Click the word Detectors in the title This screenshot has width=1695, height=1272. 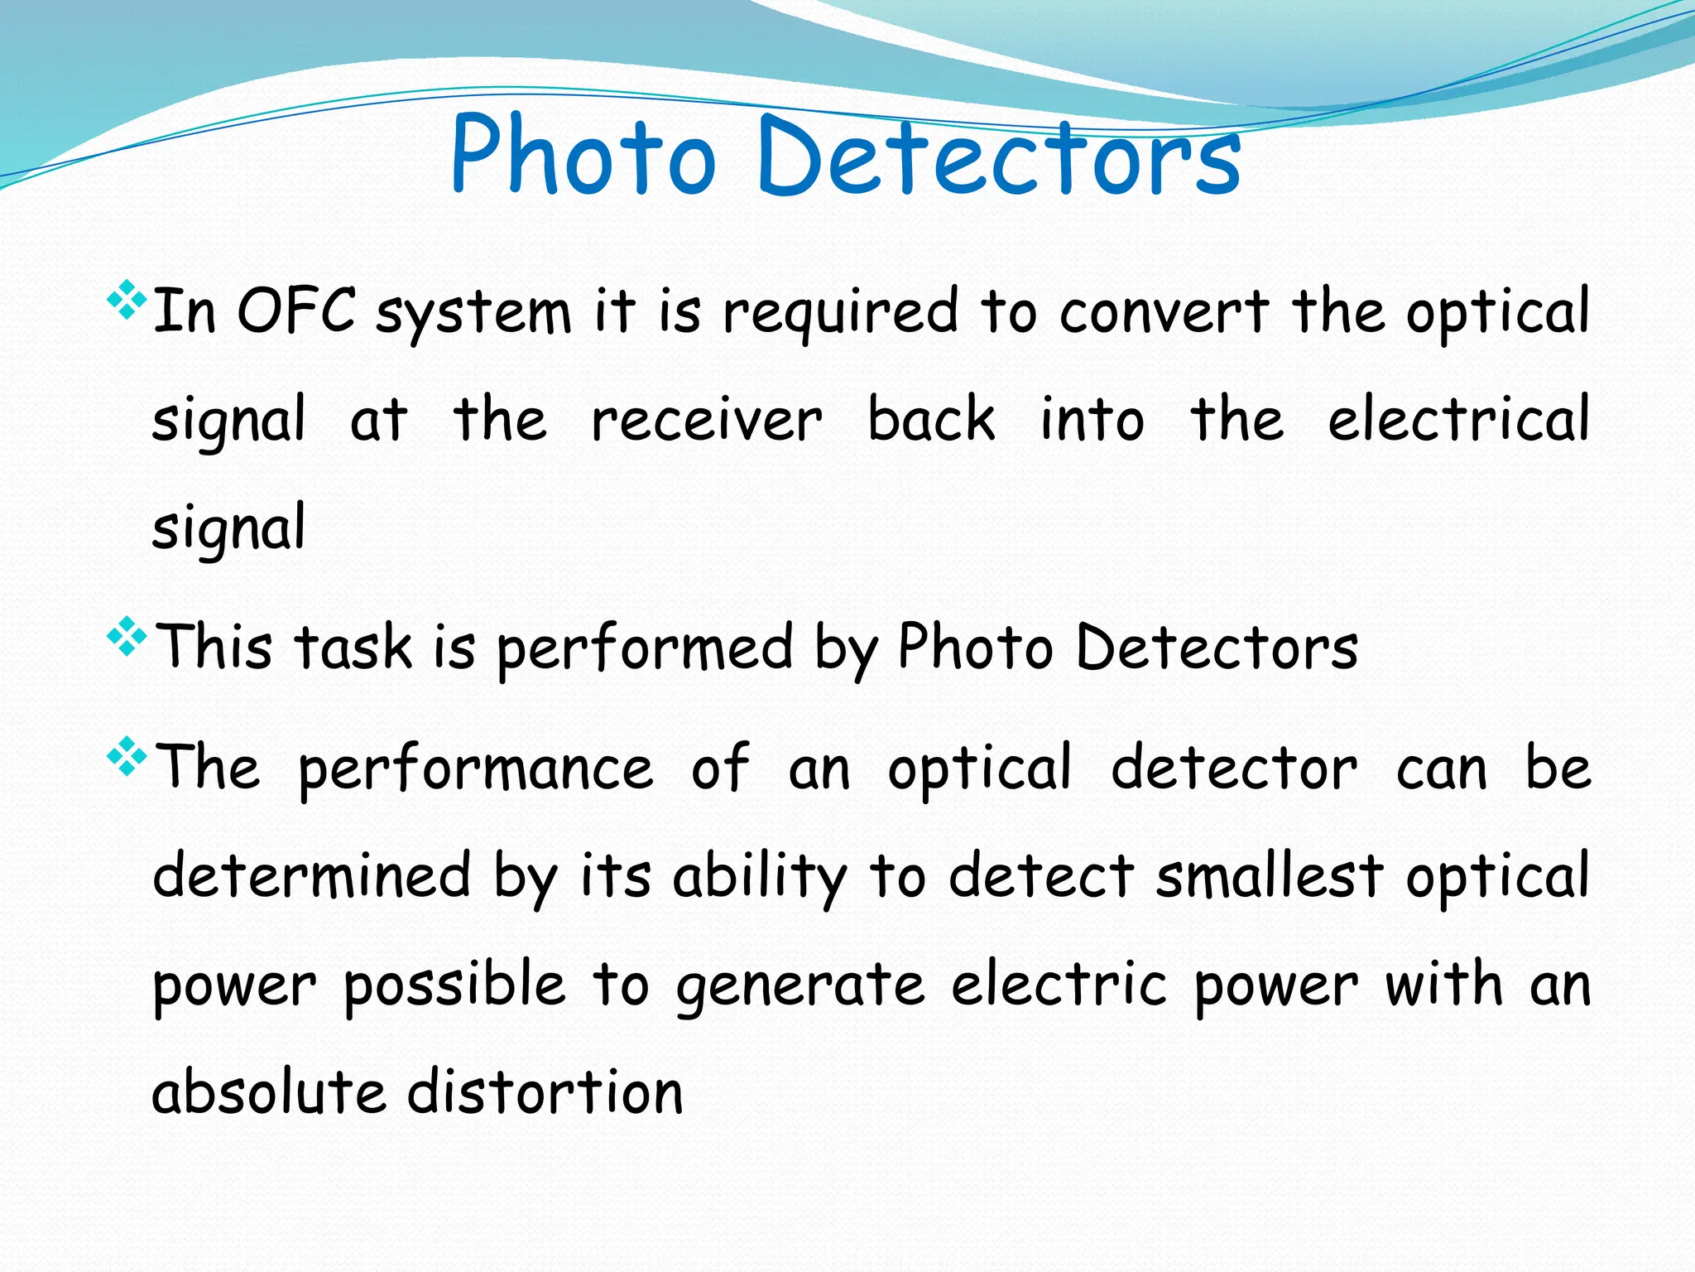click(998, 157)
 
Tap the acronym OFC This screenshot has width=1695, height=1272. click(296, 311)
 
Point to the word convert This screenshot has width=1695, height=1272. click(1164, 312)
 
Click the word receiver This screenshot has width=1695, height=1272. click(707, 420)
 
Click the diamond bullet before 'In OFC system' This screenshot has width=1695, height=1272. click(127, 300)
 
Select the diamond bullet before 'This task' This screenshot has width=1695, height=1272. click(127, 637)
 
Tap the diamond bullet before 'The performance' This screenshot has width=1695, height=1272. click(127, 757)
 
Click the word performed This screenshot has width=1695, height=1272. click(645, 648)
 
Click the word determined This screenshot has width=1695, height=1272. click(312, 875)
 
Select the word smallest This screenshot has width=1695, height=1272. click(1269, 875)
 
